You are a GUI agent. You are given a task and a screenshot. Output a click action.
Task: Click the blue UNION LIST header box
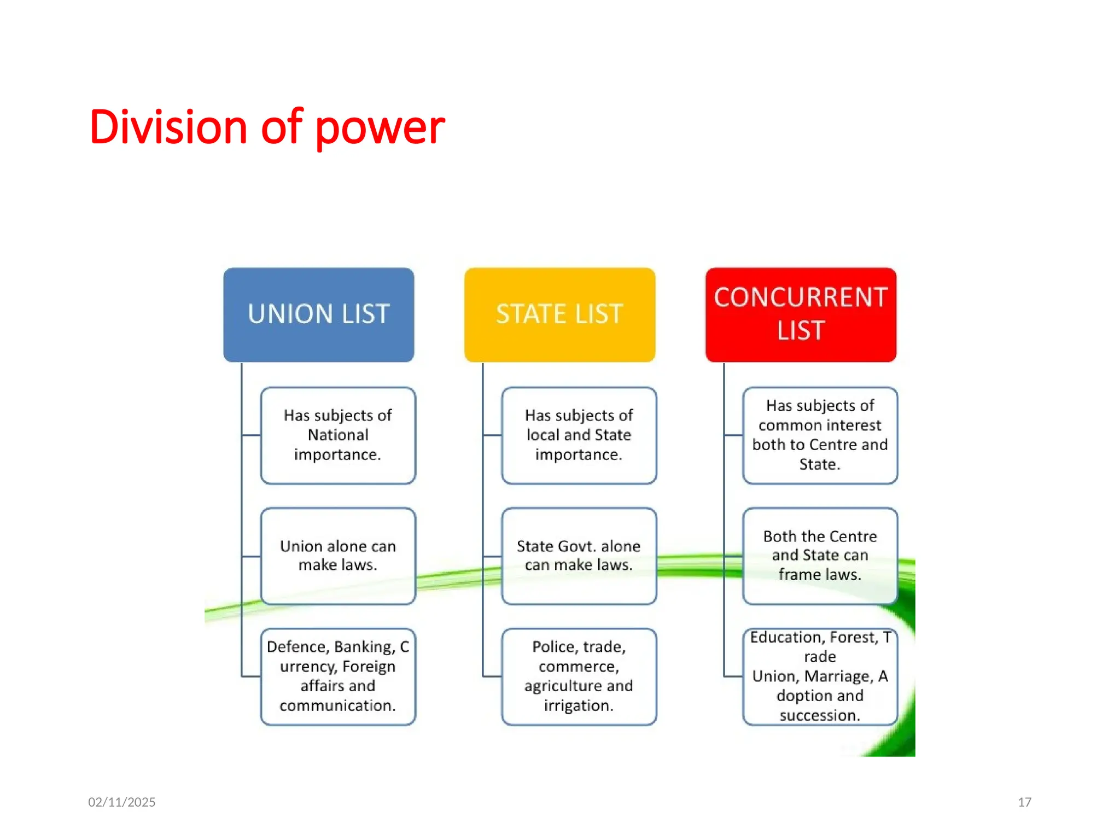pos(318,314)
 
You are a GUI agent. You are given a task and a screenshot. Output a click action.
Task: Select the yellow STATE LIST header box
pos(559,314)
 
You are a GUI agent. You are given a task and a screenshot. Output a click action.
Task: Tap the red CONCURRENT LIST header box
pos(801,314)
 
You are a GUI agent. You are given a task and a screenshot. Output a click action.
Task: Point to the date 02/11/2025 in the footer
pos(122,802)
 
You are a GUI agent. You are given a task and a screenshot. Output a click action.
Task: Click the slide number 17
pos(1024,802)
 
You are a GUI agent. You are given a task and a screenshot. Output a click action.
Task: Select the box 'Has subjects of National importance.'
pos(338,435)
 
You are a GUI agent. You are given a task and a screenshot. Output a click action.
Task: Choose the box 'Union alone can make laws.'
pos(338,556)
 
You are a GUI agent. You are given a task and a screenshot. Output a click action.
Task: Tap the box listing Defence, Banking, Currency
pos(338,676)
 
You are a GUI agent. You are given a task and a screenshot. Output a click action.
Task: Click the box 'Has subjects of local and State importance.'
pos(579,435)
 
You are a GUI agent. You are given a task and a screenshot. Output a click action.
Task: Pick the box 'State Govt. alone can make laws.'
pos(579,556)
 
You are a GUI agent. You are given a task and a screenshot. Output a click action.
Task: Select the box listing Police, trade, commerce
pos(579,676)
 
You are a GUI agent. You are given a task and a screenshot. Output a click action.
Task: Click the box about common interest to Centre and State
pos(820,435)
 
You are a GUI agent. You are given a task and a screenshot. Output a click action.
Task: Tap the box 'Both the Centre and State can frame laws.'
pos(820,556)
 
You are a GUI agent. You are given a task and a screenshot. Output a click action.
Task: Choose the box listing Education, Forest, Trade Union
pos(820,676)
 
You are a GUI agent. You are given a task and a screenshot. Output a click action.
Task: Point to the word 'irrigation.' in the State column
pos(579,705)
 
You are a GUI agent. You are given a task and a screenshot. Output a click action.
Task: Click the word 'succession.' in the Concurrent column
pos(820,715)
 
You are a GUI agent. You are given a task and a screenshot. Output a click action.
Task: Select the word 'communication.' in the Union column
pos(338,705)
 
